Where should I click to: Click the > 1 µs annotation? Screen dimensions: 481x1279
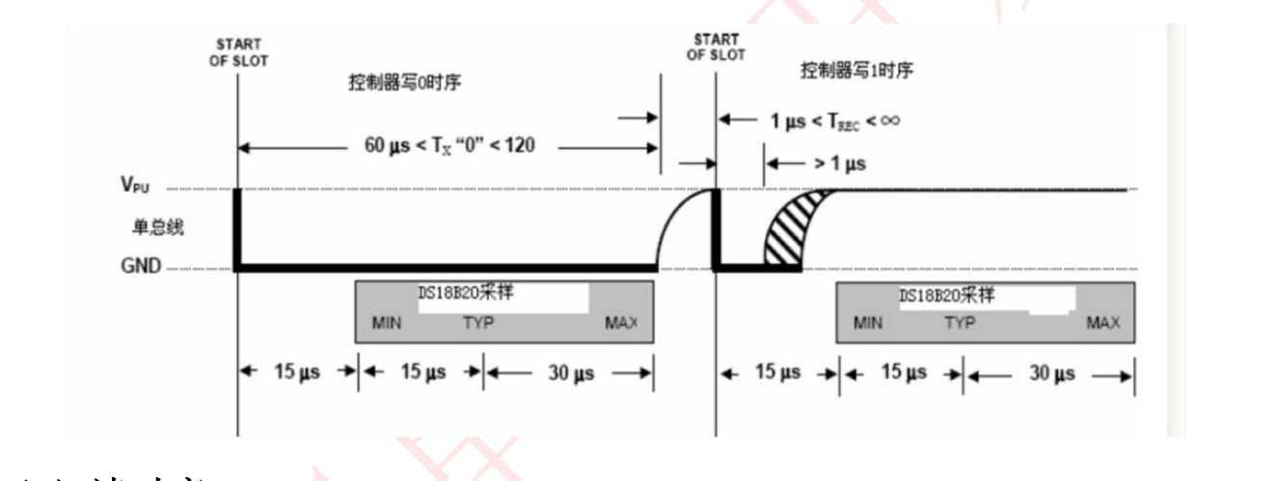[x=834, y=164]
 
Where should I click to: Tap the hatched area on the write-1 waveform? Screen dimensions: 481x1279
[x=787, y=236]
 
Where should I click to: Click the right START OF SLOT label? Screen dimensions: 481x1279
[x=716, y=47]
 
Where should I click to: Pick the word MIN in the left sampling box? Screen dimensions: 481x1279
[x=386, y=322]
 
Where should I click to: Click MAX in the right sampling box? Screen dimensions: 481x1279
[x=1102, y=323]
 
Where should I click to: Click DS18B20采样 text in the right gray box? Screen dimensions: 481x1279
[x=946, y=296]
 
